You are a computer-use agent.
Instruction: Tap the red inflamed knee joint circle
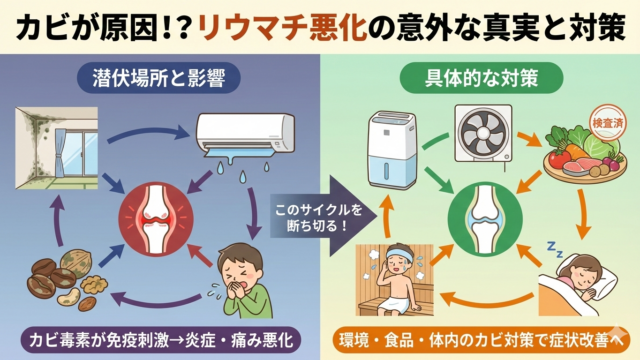coord(156,219)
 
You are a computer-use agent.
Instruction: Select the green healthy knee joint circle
coord(485,219)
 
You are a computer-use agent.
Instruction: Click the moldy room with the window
coord(56,148)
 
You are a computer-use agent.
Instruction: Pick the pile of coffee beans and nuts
coord(67,280)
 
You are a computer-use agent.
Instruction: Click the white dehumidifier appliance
coord(391,149)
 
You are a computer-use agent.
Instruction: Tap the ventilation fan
coord(484,133)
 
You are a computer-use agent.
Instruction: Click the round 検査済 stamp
coord(608,122)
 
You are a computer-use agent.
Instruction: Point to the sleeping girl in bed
coord(578,284)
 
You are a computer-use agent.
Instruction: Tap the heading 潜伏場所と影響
coord(158,78)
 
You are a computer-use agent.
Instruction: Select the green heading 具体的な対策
coord(481,78)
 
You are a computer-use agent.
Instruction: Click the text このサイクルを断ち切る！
coord(318,218)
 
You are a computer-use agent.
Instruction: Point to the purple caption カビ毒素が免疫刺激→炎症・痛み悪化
coord(160,340)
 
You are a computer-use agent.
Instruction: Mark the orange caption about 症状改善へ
coord(482,340)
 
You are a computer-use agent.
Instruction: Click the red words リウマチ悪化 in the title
coord(283,27)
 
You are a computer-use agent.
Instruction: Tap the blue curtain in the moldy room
coord(61,152)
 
